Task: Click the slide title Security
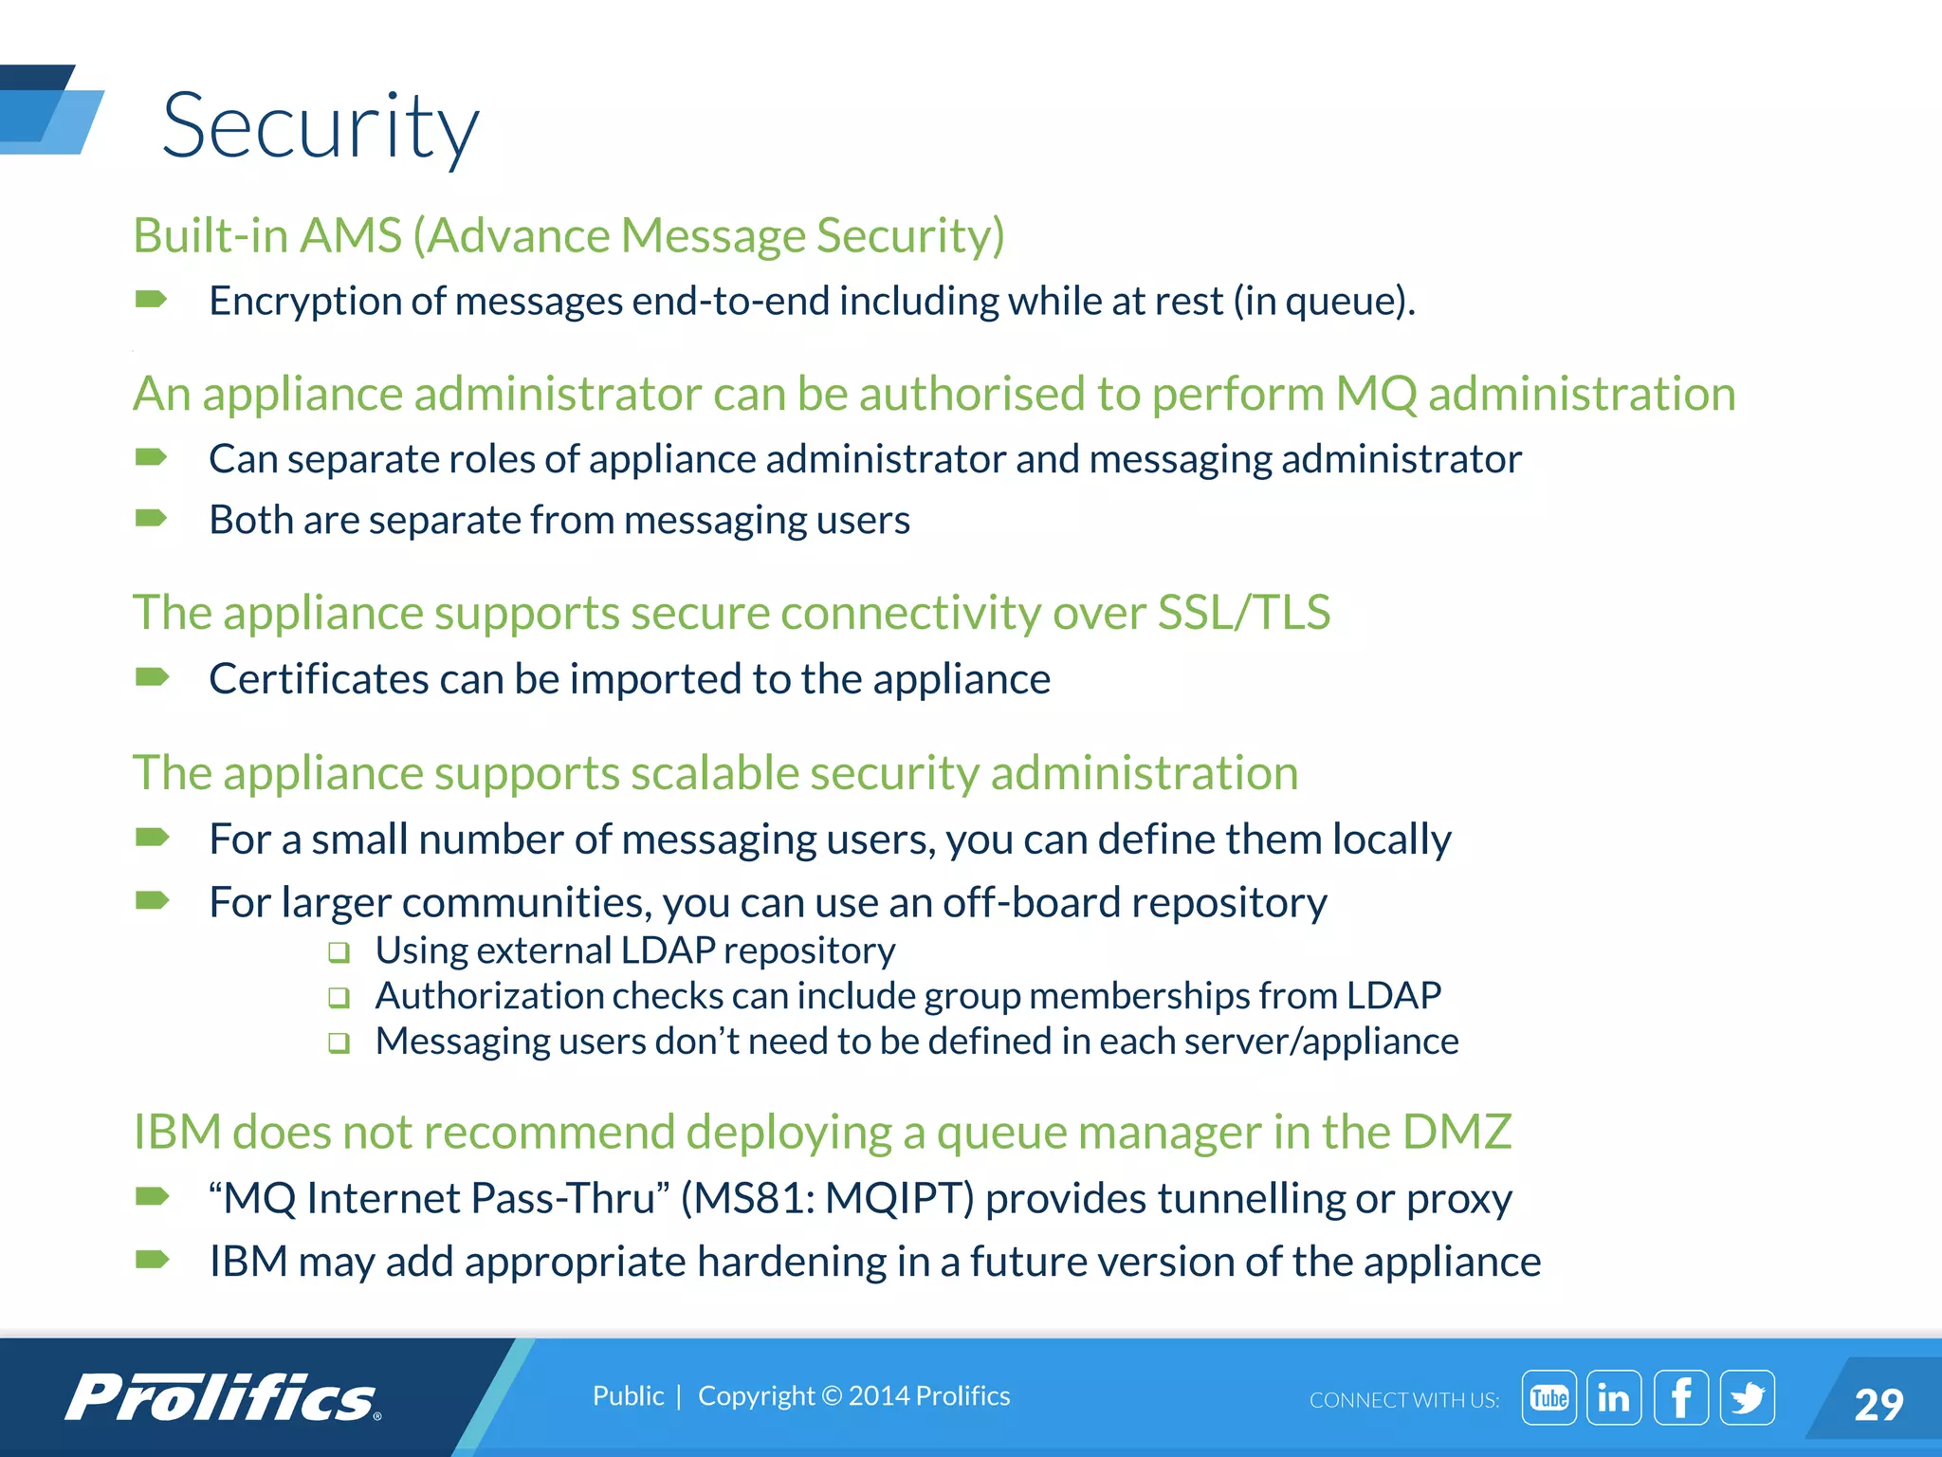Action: pos(321,126)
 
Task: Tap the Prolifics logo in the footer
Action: pos(223,1398)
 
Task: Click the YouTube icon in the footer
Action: pos(1548,1397)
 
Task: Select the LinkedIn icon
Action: pos(1613,1397)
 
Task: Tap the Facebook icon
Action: pos(1680,1397)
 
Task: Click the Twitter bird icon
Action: pos(1747,1397)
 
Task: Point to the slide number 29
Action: pos(1878,1404)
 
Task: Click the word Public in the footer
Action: pos(628,1395)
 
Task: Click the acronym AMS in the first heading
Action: pos(350,235)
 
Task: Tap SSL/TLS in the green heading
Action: pos(1244,612)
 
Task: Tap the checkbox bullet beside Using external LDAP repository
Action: pos(339,952)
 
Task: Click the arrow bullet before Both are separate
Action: pos(152,518)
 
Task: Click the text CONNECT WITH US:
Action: pos(1403,1400)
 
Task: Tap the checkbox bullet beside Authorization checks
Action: pos(339,998)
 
